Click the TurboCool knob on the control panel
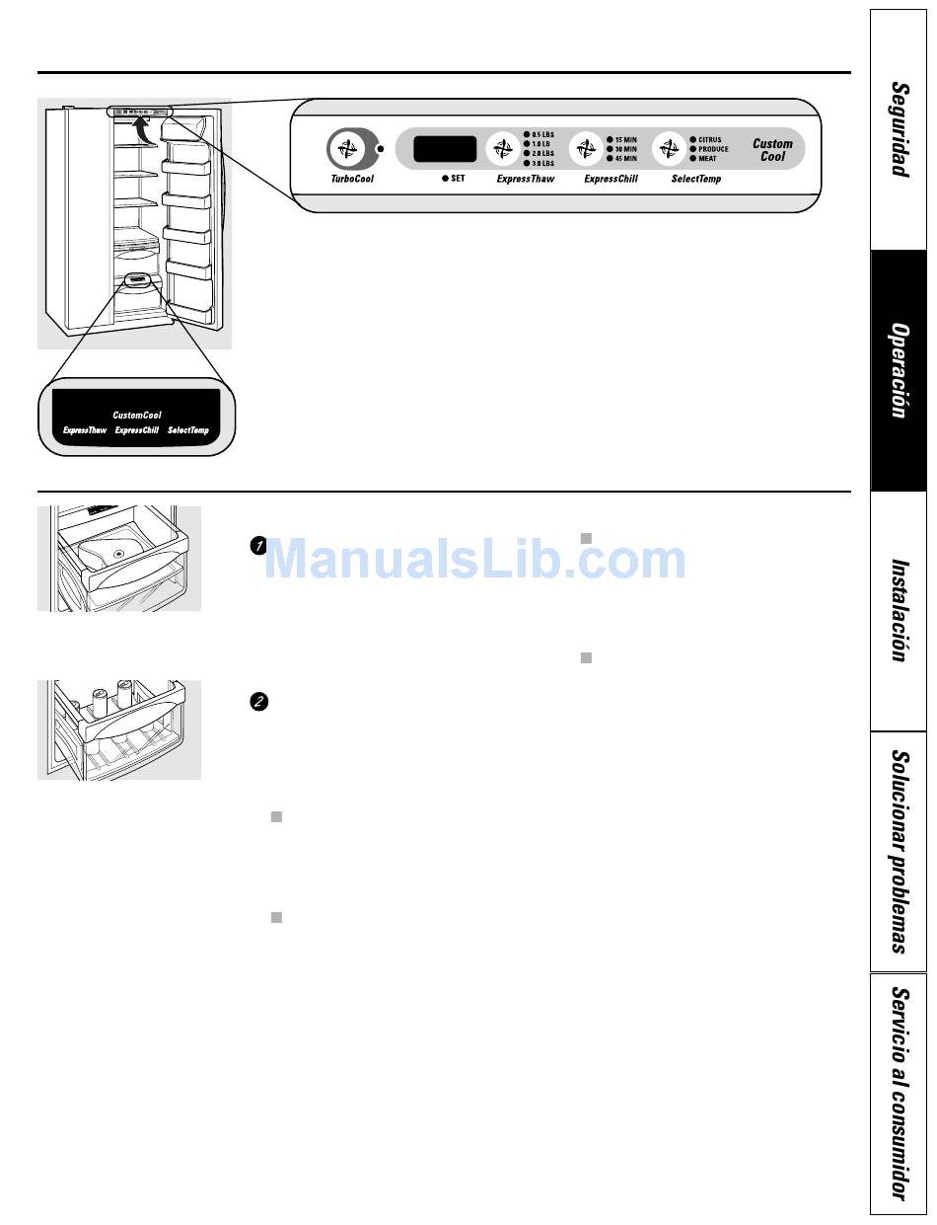click(345, 151)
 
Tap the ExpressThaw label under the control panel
click(526, 180)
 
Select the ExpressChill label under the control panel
click(611, 180)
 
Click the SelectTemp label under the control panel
click(695, 180)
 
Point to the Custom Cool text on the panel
click(772, 150)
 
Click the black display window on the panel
click(445, 149)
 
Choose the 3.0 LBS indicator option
click(539, 163)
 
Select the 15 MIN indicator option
click(621, 140)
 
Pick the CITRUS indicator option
click(708, 140)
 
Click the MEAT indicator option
click(706, 158)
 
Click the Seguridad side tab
click(899, 129)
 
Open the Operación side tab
click(899, 370)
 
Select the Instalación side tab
click(899, 611)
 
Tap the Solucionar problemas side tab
click(899, 852)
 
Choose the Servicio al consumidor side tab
click(899, 1094)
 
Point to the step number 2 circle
click(258, 702)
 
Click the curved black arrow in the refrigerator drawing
click(145, 130)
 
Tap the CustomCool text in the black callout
click(137, 415)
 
